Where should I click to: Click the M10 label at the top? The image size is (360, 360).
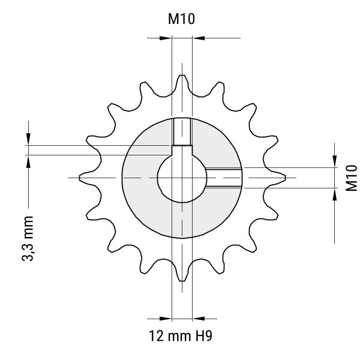pos(181,19)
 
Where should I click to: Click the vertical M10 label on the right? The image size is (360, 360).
pos(352,178)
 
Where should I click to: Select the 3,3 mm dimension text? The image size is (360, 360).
pos(28,238)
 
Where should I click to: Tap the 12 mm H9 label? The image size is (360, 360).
pos(181,336)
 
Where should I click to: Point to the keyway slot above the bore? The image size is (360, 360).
pos(182,151)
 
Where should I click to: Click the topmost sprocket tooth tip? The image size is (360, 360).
pos(182,76)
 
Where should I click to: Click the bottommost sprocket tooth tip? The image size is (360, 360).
pos(182,280)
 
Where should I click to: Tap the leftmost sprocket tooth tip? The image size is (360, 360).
pos(80,178)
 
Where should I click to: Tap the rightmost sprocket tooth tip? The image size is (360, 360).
pos(285,178)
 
